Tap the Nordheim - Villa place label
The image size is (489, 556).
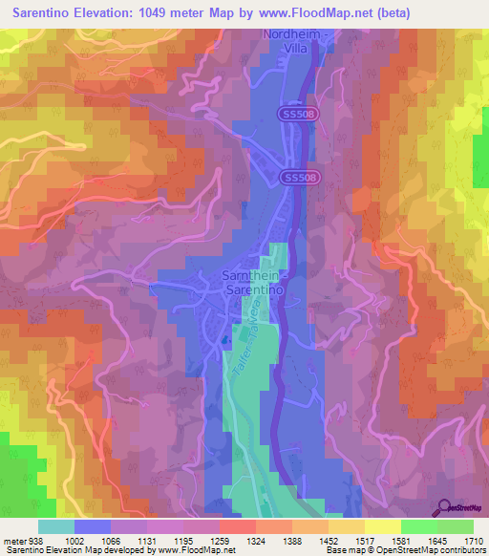pyautogui.click(x=297, y=44)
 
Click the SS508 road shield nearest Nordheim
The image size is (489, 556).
pyautogui.click(x=297, y=114)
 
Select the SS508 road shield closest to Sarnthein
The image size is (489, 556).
pyautogui.click(x=302, y=178)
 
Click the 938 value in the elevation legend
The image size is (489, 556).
pyautogui.click(x=37, y=540)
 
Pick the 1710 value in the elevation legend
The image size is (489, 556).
pyautogui.click(x=473, y=540)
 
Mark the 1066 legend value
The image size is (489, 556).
pyautogui.click(x=110, y=540)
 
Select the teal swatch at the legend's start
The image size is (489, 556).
pyautogui.click(x=55, y=526)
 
